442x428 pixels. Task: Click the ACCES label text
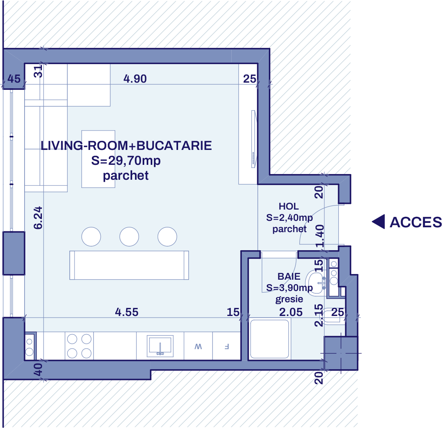click(x=415, y=222)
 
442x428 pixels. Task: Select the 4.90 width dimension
click(x=135, y=79)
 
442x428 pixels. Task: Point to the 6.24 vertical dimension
click(x=38, y=218)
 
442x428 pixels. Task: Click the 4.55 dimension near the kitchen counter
click(x=127, y=312)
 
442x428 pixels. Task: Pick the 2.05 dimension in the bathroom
click(x=291, y=312)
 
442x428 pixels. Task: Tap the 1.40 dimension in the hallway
click(x=320, y=237)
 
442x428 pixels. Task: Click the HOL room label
click(x=288, y=206)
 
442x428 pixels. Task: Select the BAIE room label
click(x=289, y=276)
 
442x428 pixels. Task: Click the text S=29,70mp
click(x=126, y=161)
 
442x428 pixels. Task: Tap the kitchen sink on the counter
click(x=160, y=345)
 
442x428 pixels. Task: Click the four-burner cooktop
click(x=79, y=345)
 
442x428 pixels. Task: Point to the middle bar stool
click(x=129, y=237)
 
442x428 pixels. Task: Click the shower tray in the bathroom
click(x=270, y=339)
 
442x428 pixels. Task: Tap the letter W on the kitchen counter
click(x=198, y=346)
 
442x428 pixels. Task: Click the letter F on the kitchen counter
click(x=226, y=346)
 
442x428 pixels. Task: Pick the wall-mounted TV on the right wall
click(x=253, y=139)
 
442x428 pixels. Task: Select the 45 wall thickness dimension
click(x=14, y=79)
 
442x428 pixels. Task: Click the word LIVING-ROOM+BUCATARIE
click(x=126, y=145)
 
